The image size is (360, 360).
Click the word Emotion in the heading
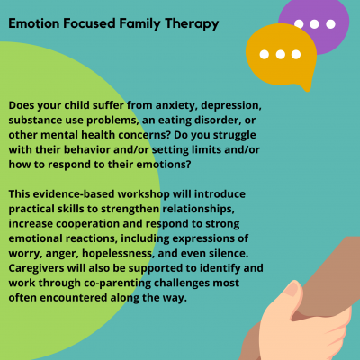point(34,23)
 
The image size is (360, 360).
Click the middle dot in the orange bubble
point(281,55)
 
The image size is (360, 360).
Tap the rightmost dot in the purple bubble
point(330,24)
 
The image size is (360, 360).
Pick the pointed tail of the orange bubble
point(307,88)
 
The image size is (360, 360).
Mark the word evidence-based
point(74,194)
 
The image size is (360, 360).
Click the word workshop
point(144,194)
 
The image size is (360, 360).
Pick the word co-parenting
point(118,283)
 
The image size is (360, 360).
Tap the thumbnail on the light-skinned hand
point(291,289)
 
